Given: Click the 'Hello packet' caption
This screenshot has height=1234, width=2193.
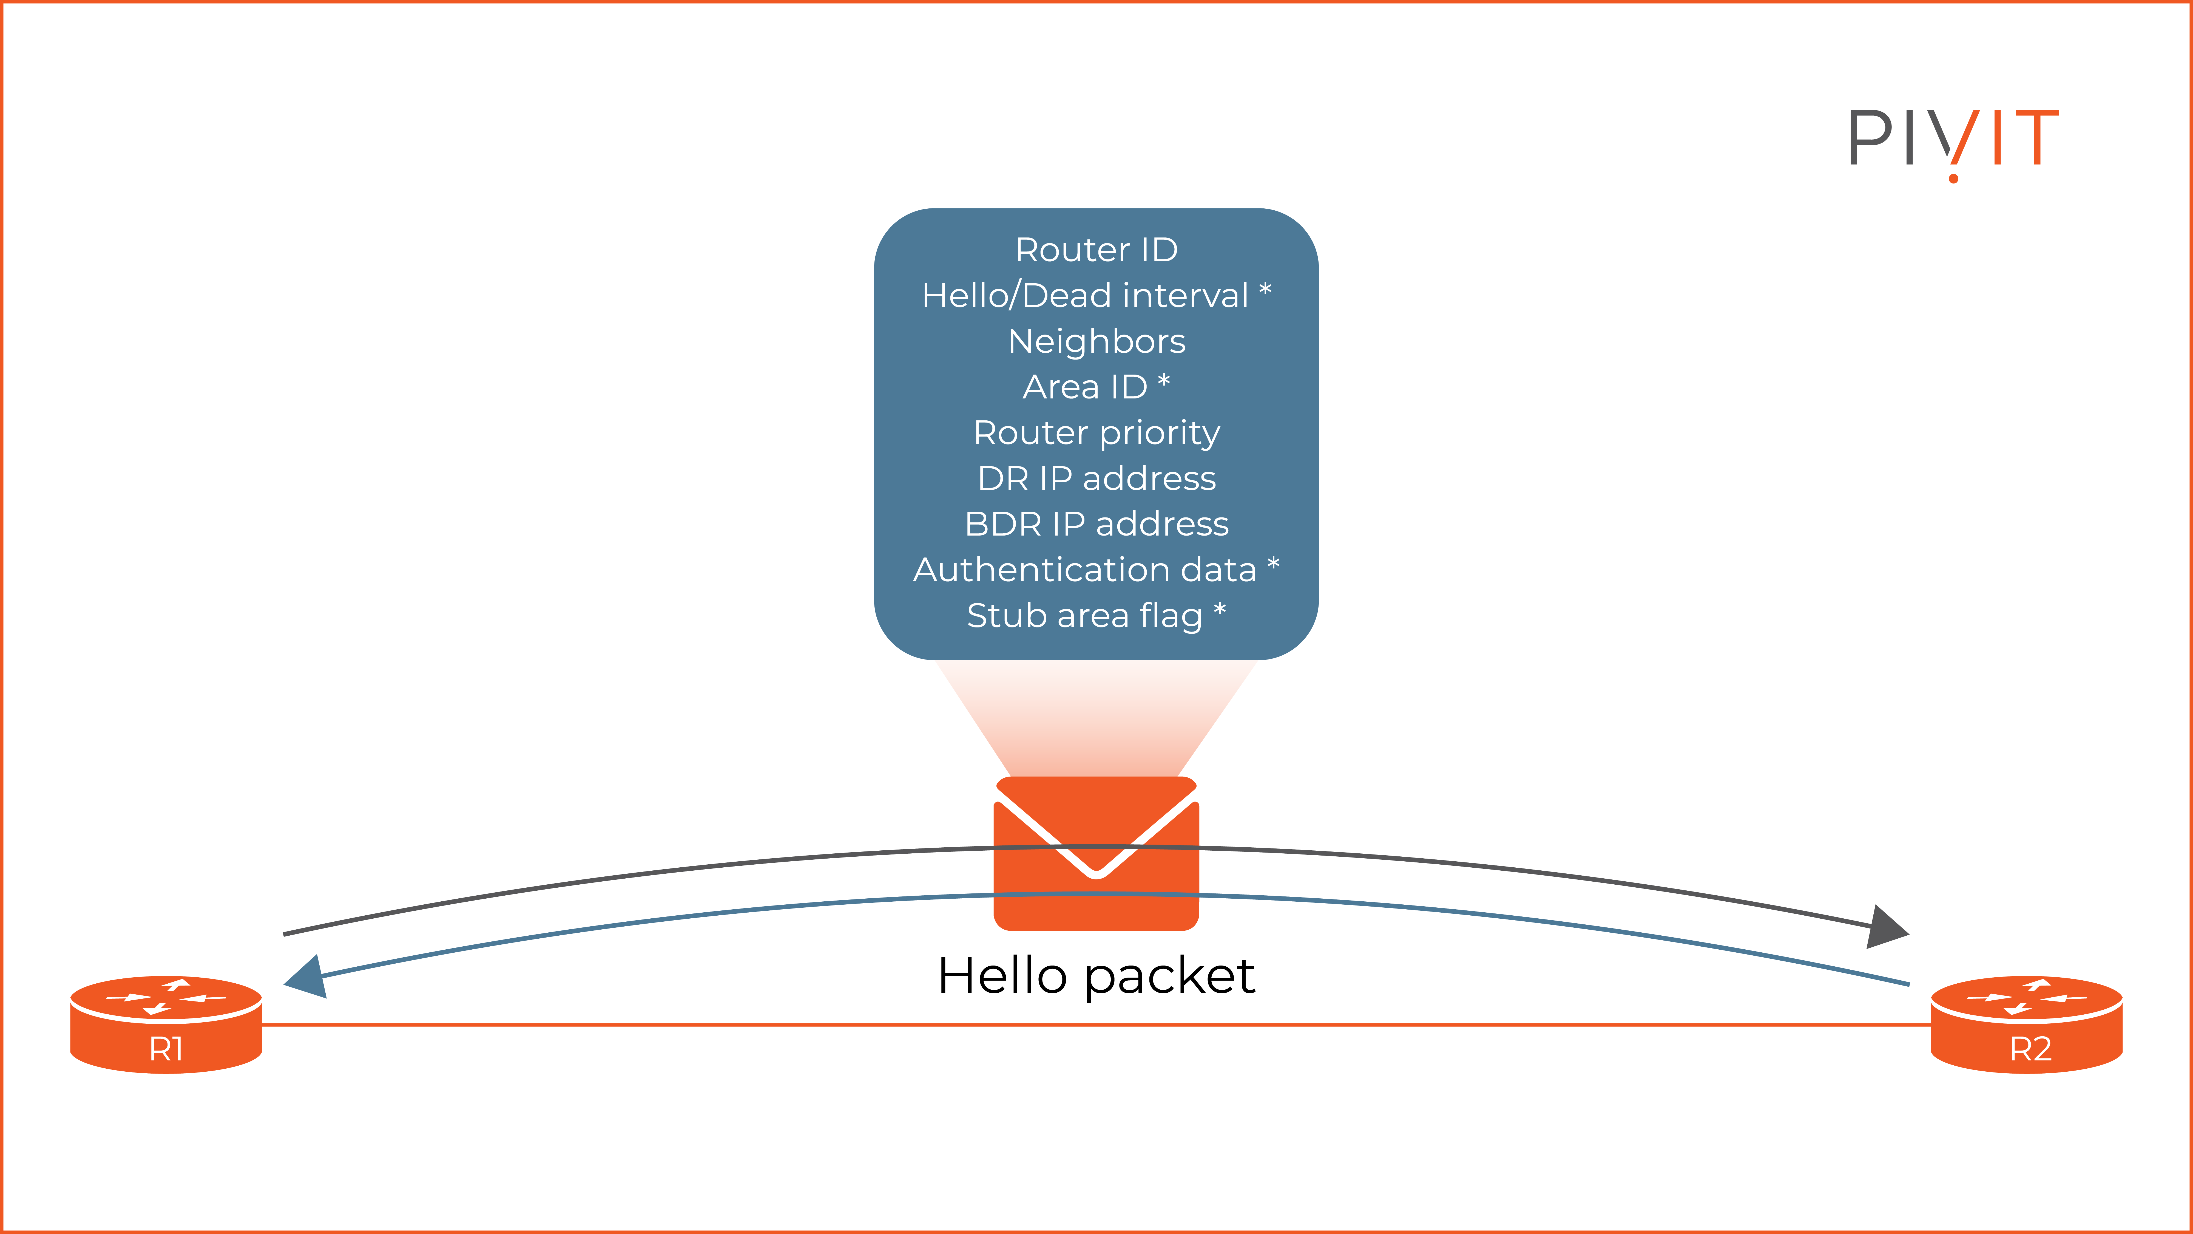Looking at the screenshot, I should point(1096,976).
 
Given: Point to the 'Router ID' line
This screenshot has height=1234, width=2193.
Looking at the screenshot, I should point(1096,250).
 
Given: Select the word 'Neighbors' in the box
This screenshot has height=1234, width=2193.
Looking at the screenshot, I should point(1096,341).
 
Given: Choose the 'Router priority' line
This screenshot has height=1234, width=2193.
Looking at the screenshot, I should point(1096,433).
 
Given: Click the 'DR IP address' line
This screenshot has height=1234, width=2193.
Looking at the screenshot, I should point(1096,479).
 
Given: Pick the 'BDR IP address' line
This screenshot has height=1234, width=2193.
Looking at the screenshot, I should point(1096,524).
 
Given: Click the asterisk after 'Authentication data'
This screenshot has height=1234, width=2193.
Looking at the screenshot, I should point(1274,564).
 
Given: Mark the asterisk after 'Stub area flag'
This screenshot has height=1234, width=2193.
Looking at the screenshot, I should point(1220,610).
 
